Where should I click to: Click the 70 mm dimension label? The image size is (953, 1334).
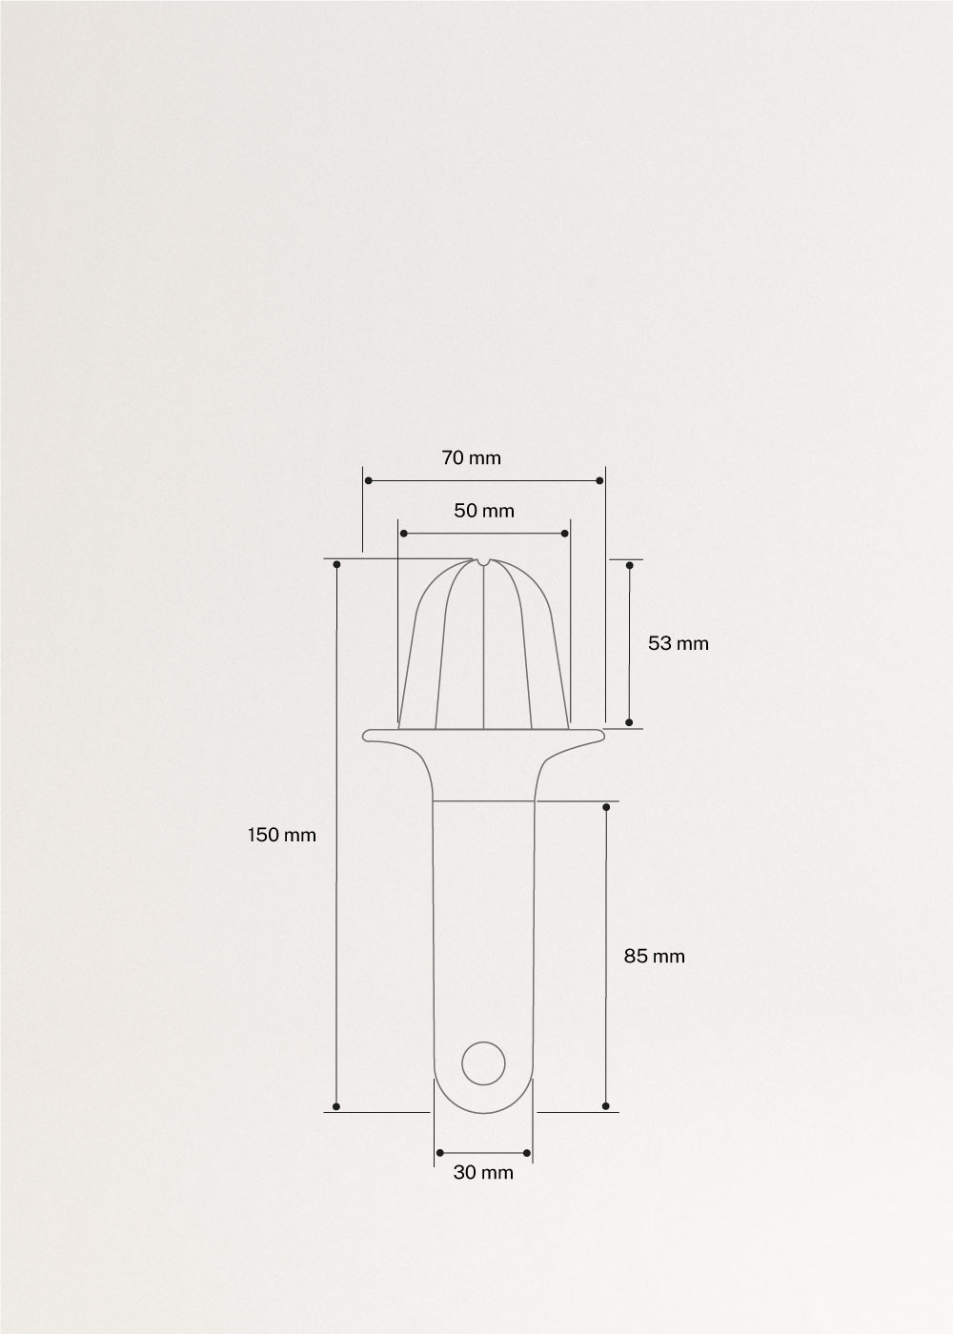[471, 458]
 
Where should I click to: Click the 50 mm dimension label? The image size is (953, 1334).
[483, 511]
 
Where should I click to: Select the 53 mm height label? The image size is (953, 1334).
[678, 643]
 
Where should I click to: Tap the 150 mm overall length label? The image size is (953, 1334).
[281, 835]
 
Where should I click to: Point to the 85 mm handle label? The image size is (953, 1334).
[654, 956]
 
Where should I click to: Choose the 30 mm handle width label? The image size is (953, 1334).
[482, 1173]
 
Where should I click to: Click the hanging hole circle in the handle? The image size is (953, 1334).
[483, 1062]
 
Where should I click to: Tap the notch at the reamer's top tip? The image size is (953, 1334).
[483, 561]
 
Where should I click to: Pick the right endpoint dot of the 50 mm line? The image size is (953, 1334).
[565, 534]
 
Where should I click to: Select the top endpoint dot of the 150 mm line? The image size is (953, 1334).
[336, 564]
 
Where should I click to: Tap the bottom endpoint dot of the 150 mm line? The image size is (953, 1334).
[336, 1106]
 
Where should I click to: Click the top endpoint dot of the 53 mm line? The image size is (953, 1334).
[629, 565]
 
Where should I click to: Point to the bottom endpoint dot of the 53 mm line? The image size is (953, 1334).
[629, 723]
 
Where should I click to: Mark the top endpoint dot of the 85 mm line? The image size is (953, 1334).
[606, 807]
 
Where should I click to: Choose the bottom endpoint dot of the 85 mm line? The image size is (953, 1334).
[606, 1106]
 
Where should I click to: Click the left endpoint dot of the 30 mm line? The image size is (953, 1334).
[438, 1153]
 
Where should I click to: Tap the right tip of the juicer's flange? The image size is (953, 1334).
[603, 735]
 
